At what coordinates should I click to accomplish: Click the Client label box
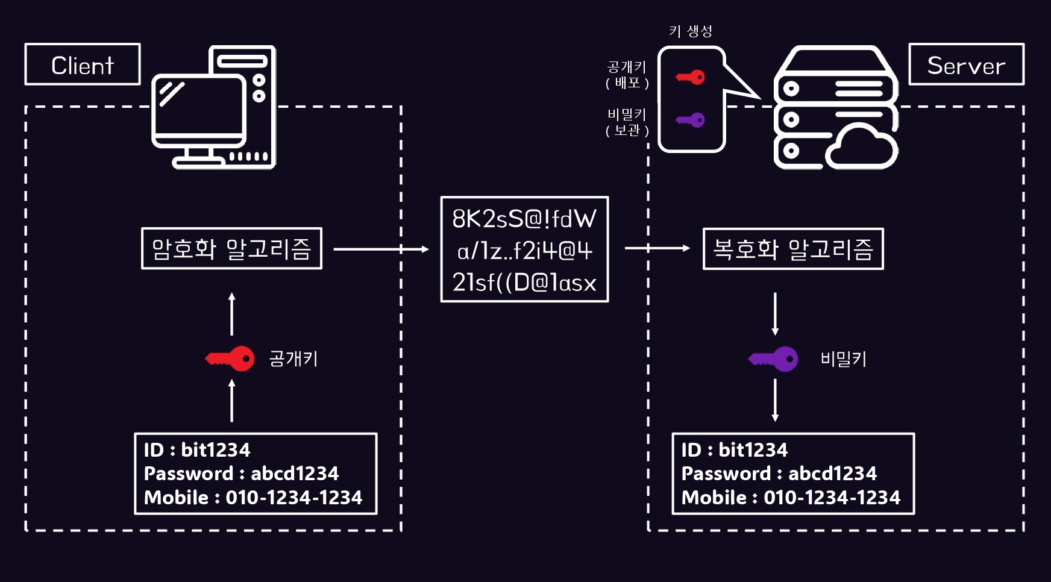click(83, 64)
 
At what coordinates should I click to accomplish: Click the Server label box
click(966, 64)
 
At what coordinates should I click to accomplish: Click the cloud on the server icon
click(862, 149)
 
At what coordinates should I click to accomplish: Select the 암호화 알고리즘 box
click(231, 248)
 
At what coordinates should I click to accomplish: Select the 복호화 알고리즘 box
click(793, 248)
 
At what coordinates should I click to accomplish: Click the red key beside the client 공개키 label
click(230, 359)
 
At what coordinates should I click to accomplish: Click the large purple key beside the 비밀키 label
click(774, 359)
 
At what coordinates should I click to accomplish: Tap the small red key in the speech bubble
click(691, 77)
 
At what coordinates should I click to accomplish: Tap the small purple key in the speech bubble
click(691, 120)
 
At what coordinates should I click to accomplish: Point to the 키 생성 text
click(691, 31)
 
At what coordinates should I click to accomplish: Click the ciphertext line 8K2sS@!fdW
click(524, 219)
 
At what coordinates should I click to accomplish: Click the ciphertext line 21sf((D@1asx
click(524, 282)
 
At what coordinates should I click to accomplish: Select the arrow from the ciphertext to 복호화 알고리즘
click(657, 248)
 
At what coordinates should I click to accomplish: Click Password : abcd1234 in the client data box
click(241, 474)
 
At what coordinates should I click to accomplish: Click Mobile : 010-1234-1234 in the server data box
click(791, 498)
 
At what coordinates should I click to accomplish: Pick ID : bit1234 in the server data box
click(734, 450)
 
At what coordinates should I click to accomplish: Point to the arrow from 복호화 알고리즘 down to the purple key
click(775, 313)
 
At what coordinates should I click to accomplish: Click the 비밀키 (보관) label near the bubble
click(627, 122)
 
